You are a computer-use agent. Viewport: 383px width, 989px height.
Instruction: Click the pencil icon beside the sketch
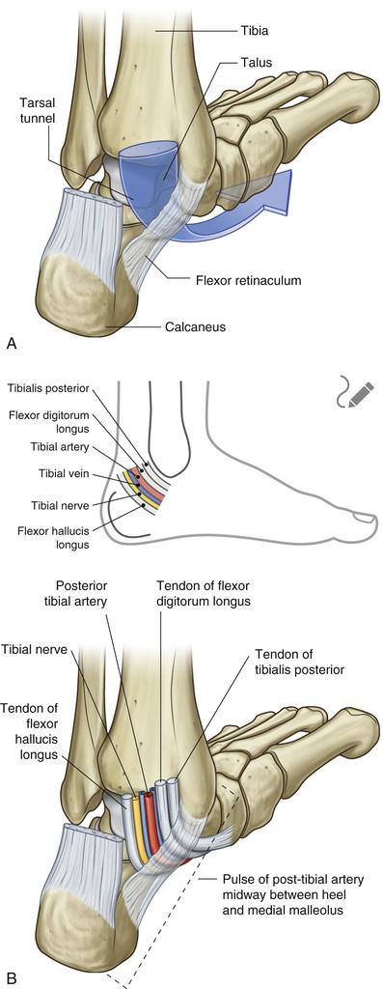355,393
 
